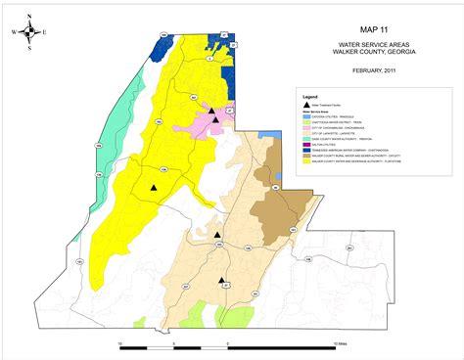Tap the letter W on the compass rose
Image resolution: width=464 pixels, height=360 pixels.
pos(15,31)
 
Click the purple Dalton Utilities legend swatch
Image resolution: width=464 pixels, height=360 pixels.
pos(307,143)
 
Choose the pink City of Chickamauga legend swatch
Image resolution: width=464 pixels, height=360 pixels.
pos(307,126)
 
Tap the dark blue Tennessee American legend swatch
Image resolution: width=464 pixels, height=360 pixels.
pos(307,149)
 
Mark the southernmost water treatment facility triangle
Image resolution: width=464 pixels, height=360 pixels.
pos(221,280)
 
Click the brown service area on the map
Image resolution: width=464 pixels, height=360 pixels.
pos(279,210)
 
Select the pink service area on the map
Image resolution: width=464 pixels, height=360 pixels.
pos(208,123)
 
